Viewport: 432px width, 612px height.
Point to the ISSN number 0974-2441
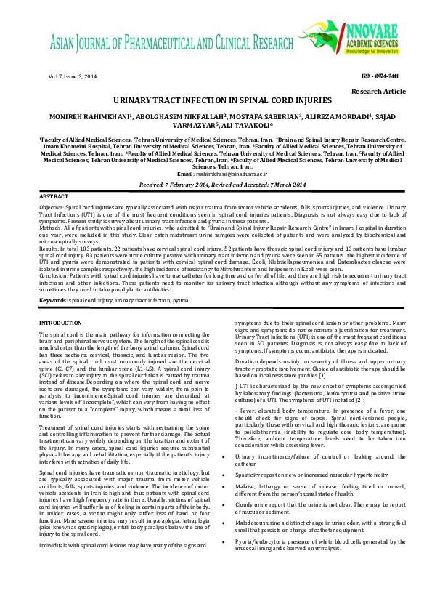click(383, 76)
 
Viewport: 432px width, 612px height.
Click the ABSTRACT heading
click(54, 197)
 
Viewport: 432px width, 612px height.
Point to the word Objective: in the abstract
click(52, 208)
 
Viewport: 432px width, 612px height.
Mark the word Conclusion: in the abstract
click(54, 275)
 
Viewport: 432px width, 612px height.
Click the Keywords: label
click(53, 299)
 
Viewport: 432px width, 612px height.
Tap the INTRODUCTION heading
click(60, 322)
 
